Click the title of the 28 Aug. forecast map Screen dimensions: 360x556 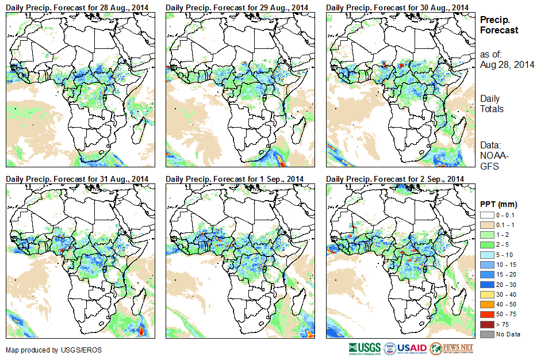[77, 6]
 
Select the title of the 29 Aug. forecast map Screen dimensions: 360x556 [237, 6]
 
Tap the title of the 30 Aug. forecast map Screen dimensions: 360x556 [397, 6]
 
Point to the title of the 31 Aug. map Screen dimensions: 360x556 [77, 179]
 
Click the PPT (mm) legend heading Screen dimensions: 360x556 [499, 204]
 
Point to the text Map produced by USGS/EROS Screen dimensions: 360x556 [46, 350]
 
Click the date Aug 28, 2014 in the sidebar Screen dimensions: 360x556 [507, 65]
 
